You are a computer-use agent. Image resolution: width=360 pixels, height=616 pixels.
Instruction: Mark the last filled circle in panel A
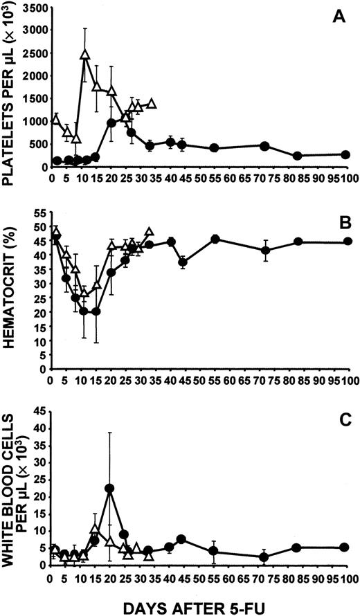click(x=345, y=154)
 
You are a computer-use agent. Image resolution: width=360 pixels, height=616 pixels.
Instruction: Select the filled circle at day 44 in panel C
click(x=181, y=539)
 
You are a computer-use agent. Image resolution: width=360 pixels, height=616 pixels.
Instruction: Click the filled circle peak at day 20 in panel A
click(x=110, y=123)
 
